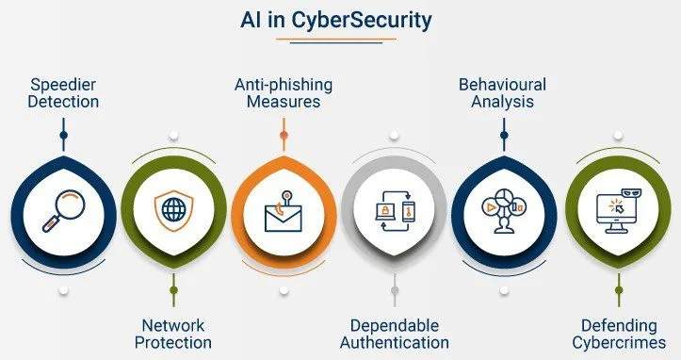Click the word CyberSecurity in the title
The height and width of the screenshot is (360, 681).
(x=362, y=20)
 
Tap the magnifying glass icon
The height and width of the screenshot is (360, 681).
(x=64, y=210)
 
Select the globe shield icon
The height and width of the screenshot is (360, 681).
(x=173, y=210)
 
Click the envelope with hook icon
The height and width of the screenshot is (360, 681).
(x=284, y=211)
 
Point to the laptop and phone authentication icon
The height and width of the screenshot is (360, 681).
(x=395, y=210)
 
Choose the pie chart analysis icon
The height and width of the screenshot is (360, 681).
(x=504, y=210)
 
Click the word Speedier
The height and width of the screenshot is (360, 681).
(x=63, y=85)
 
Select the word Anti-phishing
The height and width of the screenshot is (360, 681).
(x=284, y=85)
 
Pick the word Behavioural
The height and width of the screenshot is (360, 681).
(x=502, y=85)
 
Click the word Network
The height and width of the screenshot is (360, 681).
(x=173, y=325)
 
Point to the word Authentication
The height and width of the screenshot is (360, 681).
(x=395, y=342)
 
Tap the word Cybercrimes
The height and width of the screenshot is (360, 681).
(x=619, y=342)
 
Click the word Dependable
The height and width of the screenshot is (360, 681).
(x=395, y=326)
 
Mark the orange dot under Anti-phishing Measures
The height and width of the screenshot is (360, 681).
(x=284, y=135)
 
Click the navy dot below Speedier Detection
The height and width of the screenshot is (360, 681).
(x=64, y=135)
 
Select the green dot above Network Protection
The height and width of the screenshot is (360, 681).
(x=173, y=290)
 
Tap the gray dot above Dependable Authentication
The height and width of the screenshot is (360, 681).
(x=395, y=290)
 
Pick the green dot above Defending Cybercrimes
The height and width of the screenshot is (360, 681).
(x=619, y=290)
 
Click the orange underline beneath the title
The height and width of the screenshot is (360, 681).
(x=336, y=39)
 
